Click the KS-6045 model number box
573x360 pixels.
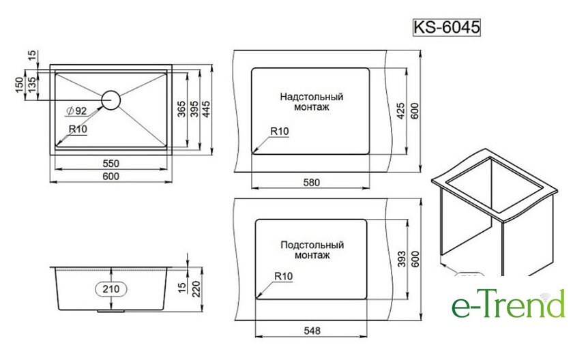446,27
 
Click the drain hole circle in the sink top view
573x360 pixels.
111,100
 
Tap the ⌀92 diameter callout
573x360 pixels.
76,110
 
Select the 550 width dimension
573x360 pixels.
111,163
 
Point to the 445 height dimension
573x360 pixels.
206,109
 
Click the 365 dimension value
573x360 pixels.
182,109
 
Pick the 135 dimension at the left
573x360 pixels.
32,84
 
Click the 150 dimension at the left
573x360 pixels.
20,85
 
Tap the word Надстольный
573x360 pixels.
312,97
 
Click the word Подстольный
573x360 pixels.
312,245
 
